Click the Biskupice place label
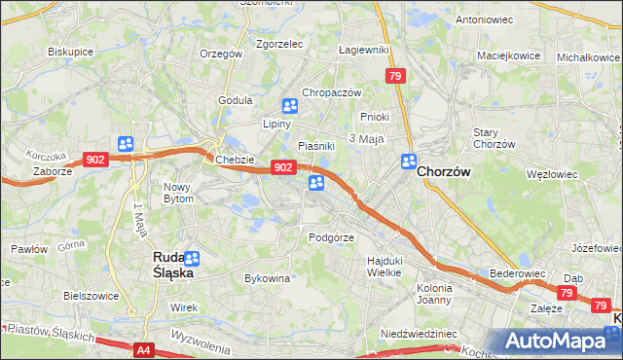(70, 51)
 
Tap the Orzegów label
(220, 54)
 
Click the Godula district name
(236, 100)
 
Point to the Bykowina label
(268, 278)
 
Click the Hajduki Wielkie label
(384, 267)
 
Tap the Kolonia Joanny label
(434, 294)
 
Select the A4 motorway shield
(142, 349)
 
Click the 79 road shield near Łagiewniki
(394, 76)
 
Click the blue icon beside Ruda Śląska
(192, 259)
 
